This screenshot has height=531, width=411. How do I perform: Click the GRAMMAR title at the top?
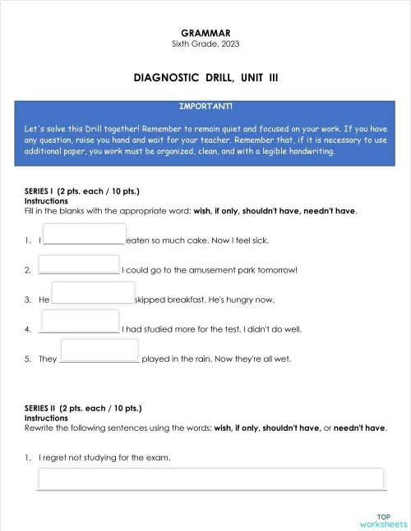click(205, 32)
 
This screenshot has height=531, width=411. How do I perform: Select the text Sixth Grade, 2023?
click(205, 43)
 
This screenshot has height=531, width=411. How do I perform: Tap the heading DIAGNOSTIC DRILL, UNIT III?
click(205, 77)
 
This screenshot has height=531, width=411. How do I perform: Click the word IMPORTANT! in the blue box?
click(205, 106)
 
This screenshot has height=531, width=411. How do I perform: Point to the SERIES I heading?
click(82, 191)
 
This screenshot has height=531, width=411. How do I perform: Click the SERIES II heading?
click(83, 408)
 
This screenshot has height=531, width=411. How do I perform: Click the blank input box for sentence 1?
click(84, 234)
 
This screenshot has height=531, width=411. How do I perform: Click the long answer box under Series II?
click(211, 478)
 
